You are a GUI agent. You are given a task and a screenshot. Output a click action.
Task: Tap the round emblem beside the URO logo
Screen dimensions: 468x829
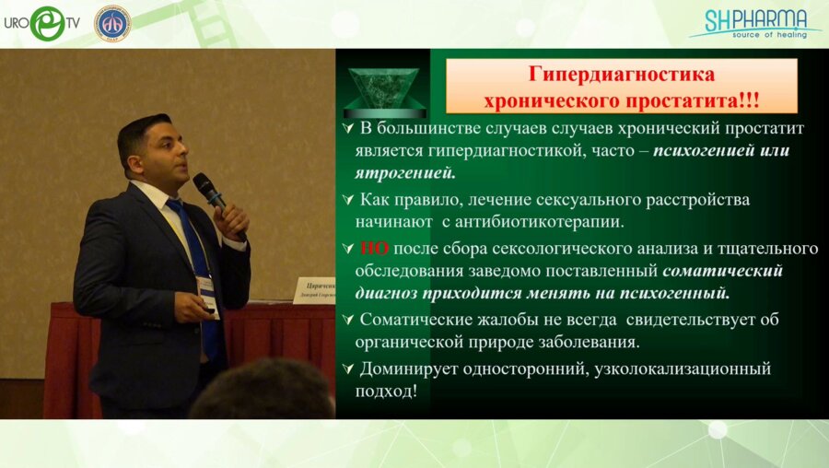click(112, 23)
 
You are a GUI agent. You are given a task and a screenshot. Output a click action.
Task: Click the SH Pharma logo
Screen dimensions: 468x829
click(754, 23)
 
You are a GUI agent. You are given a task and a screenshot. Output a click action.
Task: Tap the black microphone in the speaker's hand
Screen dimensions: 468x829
click(210, 191)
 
